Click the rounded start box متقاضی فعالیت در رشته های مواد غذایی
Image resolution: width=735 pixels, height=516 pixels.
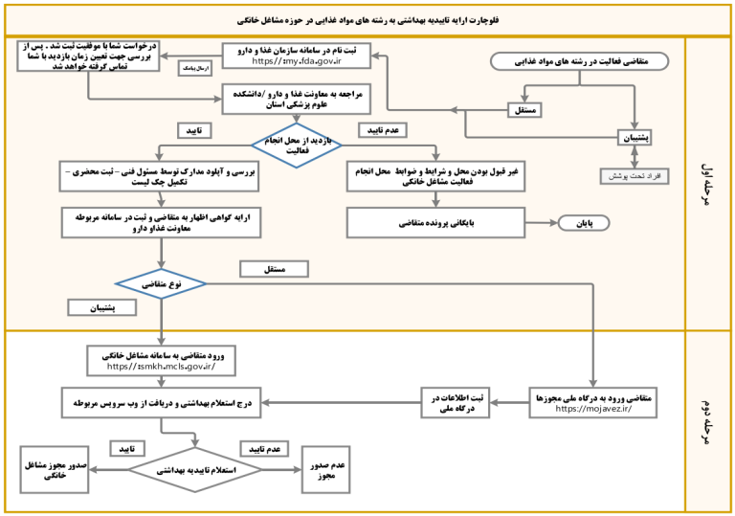580,61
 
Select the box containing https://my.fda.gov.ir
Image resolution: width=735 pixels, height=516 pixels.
297,55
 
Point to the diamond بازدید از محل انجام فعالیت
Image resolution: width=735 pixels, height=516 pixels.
297,145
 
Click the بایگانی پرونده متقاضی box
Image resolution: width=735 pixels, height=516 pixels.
436,223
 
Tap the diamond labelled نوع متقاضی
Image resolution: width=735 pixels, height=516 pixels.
160,284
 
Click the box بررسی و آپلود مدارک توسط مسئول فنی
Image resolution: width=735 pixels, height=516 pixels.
160,175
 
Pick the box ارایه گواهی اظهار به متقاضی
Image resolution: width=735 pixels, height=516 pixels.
160,222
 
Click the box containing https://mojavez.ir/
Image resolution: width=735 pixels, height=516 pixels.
594,402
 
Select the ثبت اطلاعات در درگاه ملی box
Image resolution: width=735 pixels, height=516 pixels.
456,403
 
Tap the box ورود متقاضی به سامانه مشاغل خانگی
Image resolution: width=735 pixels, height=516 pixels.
160,360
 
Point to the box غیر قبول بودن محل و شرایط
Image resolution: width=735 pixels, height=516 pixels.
436,176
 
